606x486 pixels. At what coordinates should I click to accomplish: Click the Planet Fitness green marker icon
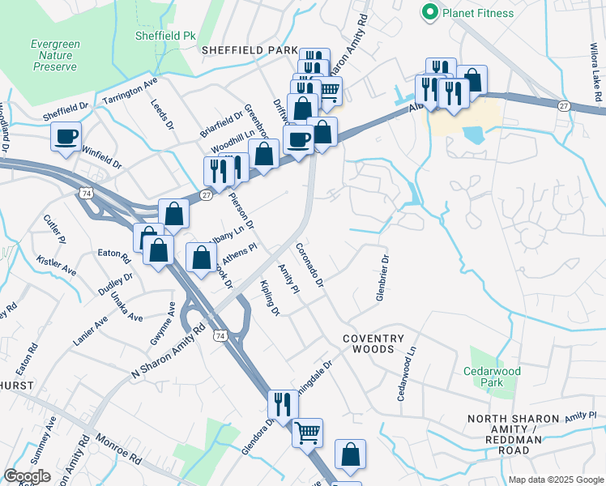coord(429,12)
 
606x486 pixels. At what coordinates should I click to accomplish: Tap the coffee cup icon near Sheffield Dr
coord(66,136)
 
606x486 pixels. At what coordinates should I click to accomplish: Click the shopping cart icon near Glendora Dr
coord(307,432)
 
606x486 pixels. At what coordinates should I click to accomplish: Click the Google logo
coord(28,476)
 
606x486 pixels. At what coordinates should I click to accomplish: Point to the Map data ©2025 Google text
coord(556,480)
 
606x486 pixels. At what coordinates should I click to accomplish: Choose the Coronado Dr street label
coord(309,265)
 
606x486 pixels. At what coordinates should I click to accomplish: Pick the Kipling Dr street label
coord(270,299)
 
